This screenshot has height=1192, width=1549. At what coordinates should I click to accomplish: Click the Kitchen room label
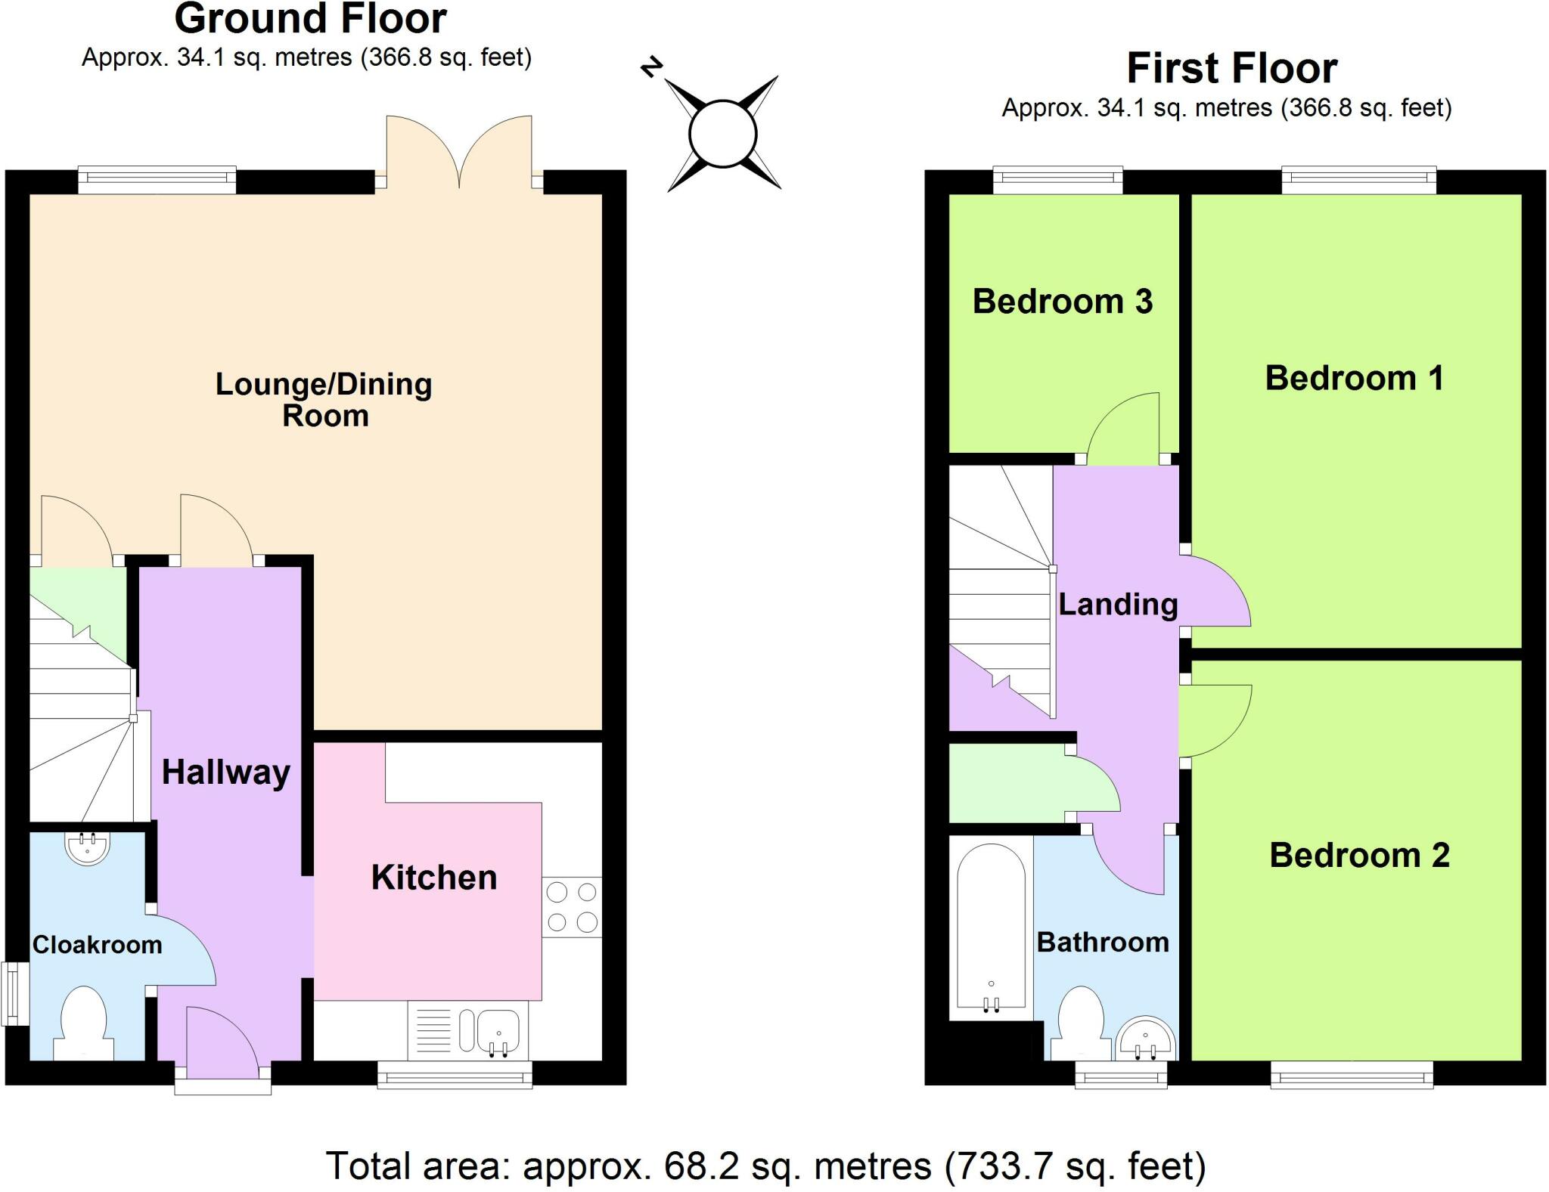pyautogui.click(x=433, y=878)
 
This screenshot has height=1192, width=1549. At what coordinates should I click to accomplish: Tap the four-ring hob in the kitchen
pyautogui.click(x=572, y=907)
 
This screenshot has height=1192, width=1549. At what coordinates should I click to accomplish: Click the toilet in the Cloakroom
pyautogui.click(x=83, y=1025)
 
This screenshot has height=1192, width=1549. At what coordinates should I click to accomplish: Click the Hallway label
pyautogui.click(x=225, y=772)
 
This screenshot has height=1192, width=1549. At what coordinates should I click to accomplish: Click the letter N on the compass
pyautogui.click(x=651, y=67)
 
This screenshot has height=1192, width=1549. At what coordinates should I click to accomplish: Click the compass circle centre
pyautogui.click(x=723, y=134)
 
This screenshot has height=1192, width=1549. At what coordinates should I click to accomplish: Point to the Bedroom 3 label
pyautogui.click(x=1062, y=302)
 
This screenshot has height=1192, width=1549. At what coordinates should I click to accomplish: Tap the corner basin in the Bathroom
pyautogui.click(x=1147, y=1041)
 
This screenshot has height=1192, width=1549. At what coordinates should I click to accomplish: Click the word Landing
pyautogui.click(x=1117, y=605)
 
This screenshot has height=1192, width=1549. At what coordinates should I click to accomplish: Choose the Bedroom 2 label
pyautogui.click(x=1358, y=856)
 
